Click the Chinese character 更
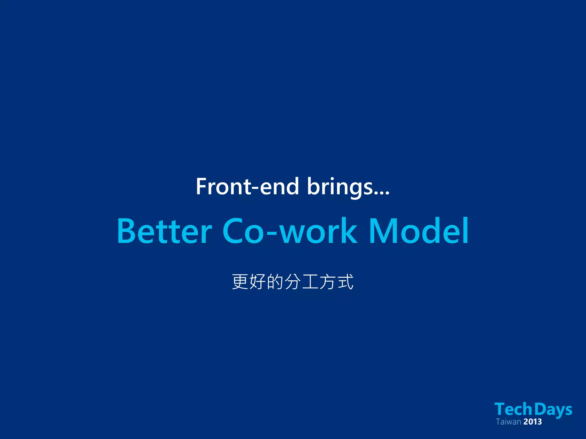(240, 282)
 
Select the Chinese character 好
(258, 282)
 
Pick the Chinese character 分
(293, 282)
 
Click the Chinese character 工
(310, 282)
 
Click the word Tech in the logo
(513, 409)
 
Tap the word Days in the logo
(553, 410)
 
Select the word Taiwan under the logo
(508, 422)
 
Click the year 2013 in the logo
(533, 422)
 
